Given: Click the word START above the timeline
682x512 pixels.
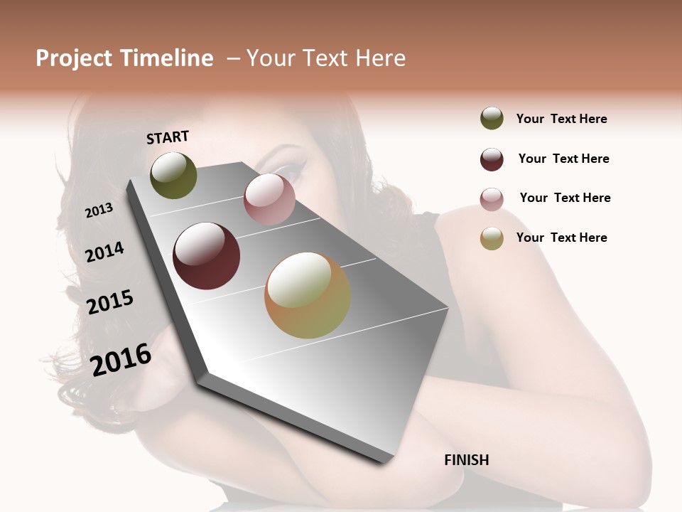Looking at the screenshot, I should [168, 137].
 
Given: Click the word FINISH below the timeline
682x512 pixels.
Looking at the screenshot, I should [466, 460].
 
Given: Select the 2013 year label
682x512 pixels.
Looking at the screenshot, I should [99, 210].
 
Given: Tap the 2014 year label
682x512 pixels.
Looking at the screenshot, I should [104, 252].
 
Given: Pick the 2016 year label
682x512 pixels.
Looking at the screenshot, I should [121, 359].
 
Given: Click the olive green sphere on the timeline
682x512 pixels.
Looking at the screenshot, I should [173, 176].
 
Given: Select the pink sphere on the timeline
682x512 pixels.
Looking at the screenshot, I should [269, 199].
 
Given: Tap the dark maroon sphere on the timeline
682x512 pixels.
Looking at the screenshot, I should [206, 256].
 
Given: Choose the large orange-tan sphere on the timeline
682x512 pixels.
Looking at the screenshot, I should [308, 295].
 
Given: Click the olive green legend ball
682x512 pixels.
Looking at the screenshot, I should [492, 119].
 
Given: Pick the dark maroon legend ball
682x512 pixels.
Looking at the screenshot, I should [492, 159].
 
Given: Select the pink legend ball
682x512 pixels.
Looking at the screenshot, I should [492, 199].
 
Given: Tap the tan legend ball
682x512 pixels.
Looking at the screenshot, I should [492, 238].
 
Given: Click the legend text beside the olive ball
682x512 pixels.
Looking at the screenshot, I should [561, 119].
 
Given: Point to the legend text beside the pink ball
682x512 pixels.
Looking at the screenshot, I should [565, 198].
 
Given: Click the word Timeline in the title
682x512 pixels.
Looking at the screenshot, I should [167, 58].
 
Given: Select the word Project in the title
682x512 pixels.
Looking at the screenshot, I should [73, 58].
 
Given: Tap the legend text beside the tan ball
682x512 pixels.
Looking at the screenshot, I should [561, 238].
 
